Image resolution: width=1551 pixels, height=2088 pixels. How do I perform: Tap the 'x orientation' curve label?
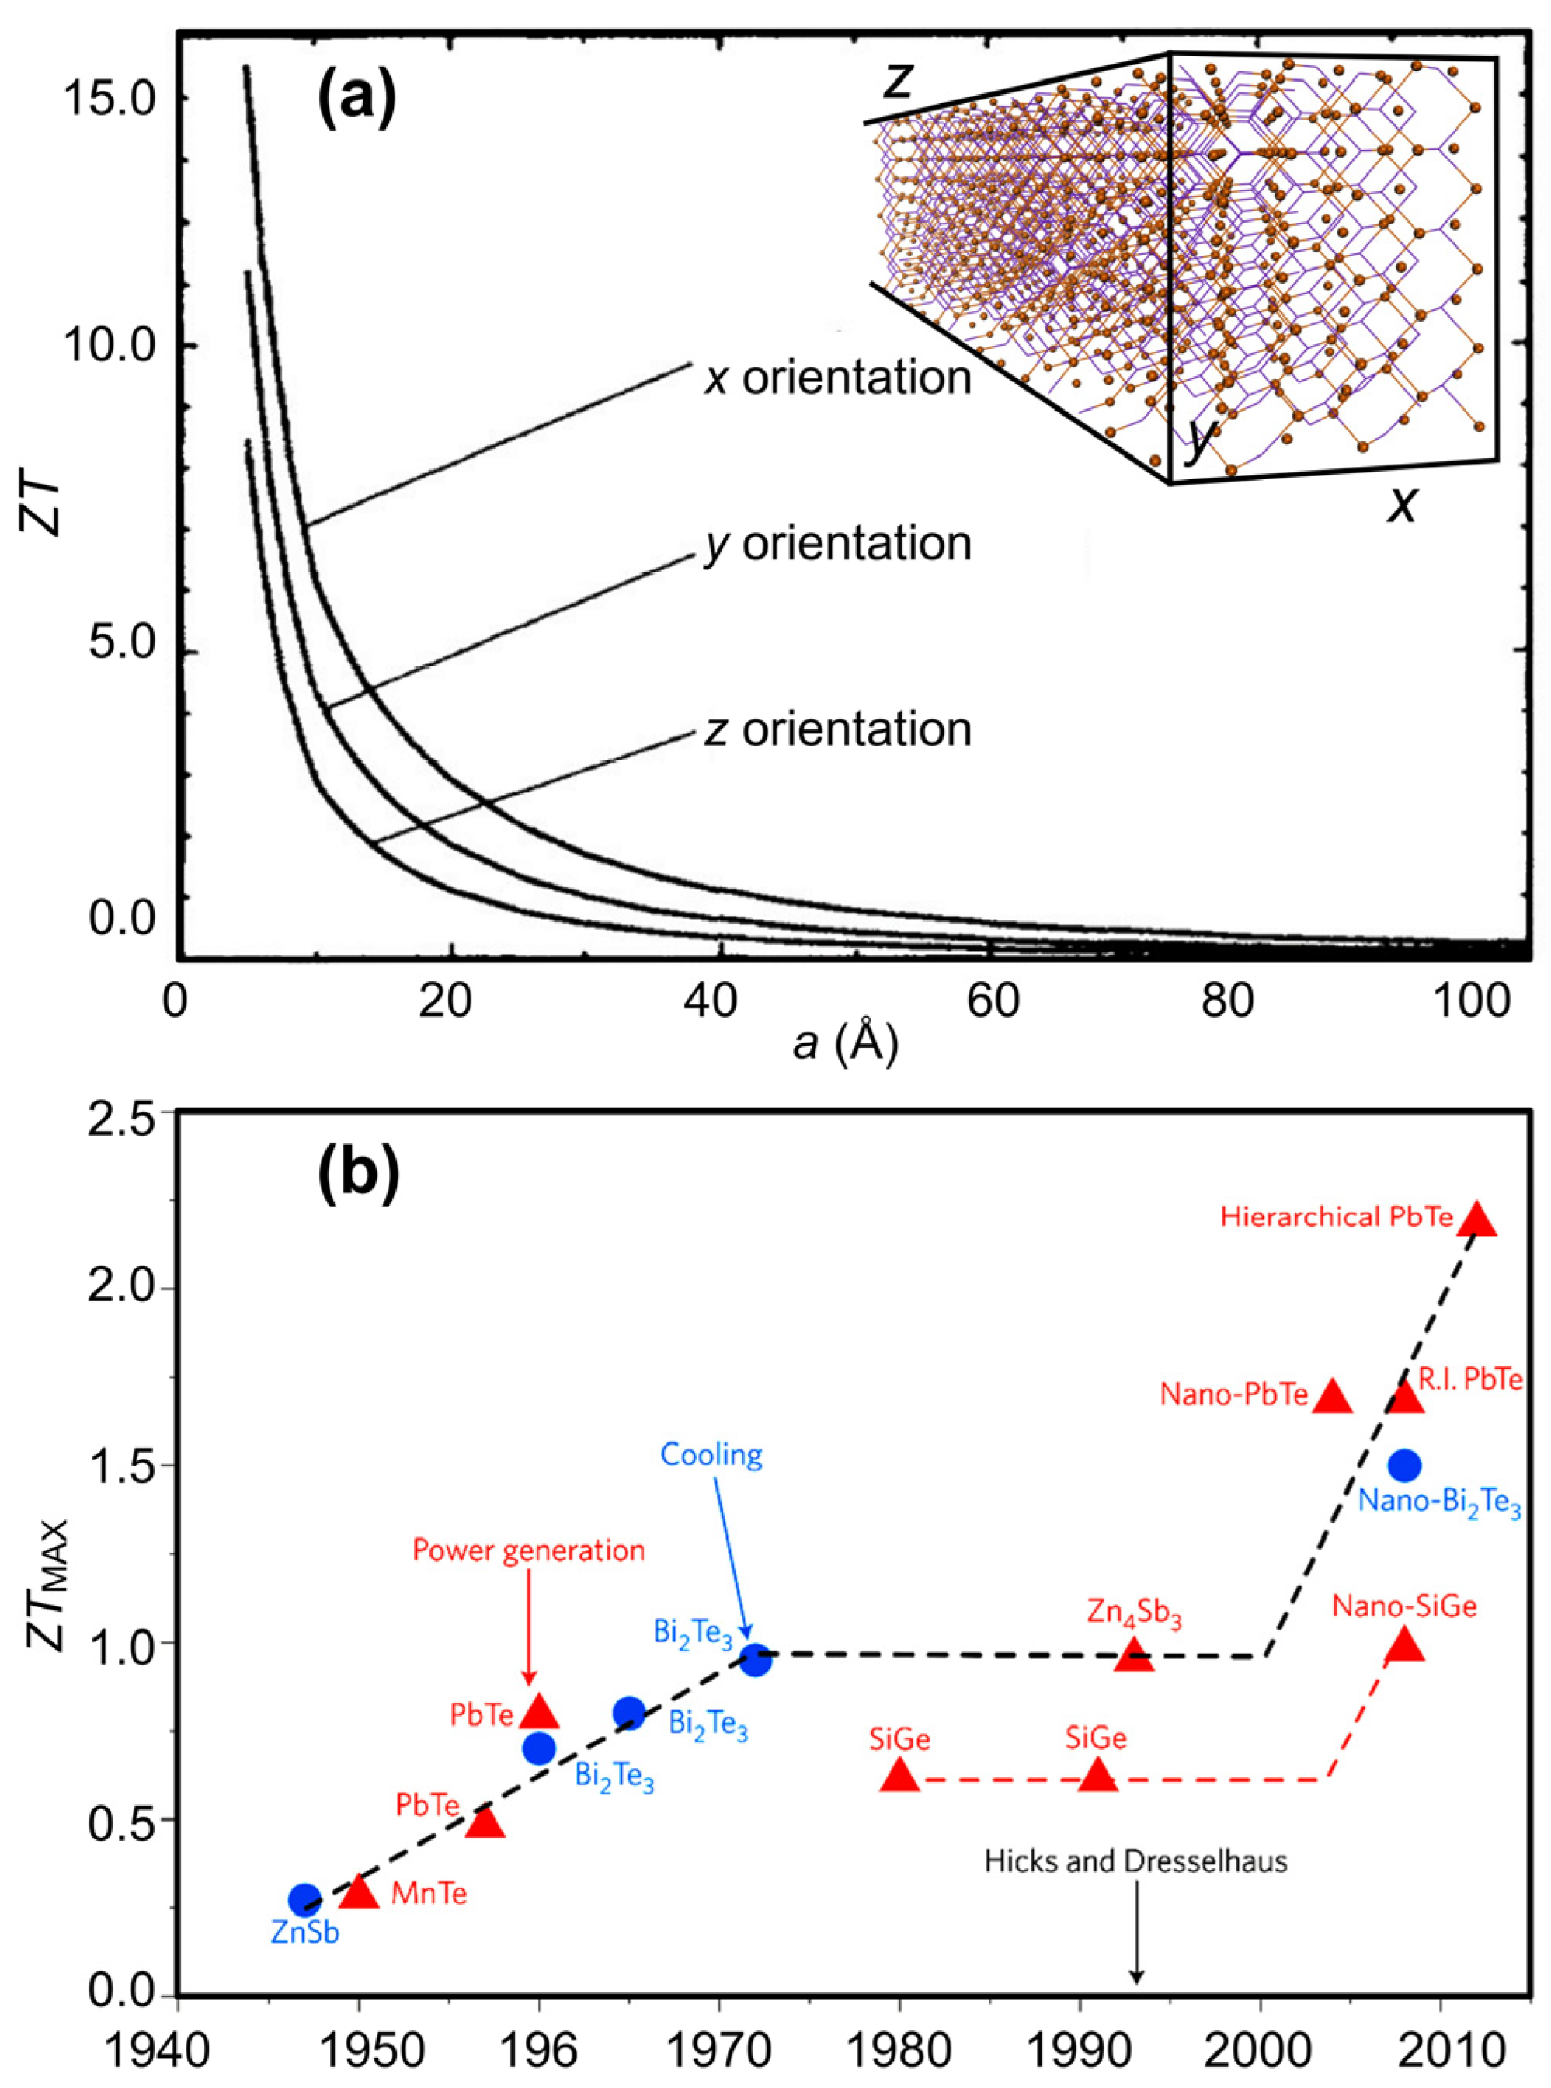coord(837,378)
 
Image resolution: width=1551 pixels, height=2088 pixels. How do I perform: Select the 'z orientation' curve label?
coord(837,729)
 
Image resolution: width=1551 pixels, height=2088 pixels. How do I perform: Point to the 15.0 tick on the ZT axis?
coord(112,99)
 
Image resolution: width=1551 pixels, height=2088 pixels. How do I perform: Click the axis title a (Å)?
coord(845,1044)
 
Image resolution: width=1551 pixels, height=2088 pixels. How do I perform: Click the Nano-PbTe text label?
coord(1233,1395)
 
